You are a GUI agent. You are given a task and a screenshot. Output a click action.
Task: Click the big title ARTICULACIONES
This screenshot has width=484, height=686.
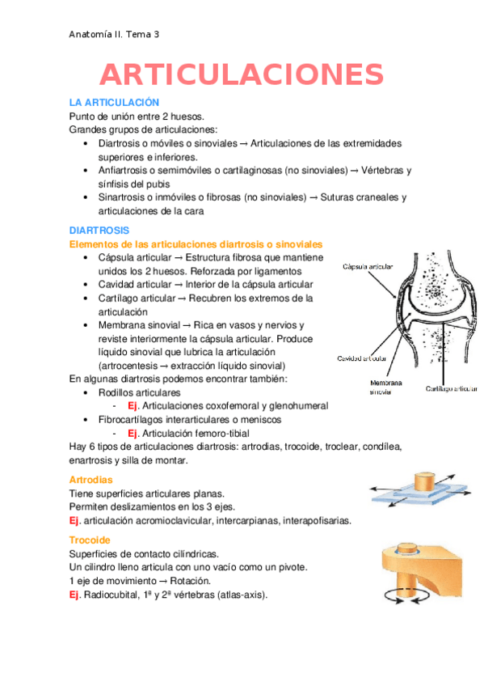click(x=242, y=74)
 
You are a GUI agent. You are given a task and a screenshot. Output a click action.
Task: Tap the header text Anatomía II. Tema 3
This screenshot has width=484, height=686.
click(x=113, y=34)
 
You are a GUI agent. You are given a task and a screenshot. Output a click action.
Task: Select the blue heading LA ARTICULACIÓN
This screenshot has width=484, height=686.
click(x=114, y=103)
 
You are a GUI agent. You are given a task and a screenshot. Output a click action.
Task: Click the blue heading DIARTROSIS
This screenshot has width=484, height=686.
click(x=98, y=230)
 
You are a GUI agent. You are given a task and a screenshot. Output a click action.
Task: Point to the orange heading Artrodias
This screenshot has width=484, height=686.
click(x=91, y=480)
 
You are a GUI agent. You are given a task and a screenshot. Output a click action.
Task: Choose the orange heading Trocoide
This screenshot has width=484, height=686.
click(x=90, y=540)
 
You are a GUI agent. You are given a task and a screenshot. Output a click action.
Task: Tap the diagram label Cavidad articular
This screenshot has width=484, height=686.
click(x=362, y=358)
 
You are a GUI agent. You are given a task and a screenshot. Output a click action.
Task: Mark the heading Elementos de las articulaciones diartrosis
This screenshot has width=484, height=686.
click(x=196, y=243)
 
